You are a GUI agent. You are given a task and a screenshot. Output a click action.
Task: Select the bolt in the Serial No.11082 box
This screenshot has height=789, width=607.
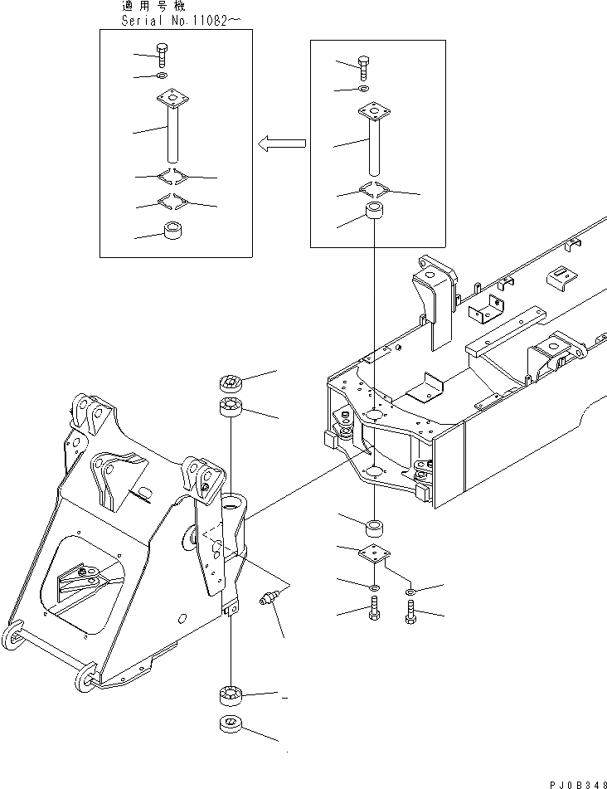(x=162, y=56)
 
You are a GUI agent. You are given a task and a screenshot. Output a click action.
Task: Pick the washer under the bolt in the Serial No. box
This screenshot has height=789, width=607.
(x=162, y=77)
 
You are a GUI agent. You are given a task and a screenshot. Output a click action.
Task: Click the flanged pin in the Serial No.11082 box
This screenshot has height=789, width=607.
(x=173, y=129)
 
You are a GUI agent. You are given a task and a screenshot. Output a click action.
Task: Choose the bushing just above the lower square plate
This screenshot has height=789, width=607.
(x=375, y=525)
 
